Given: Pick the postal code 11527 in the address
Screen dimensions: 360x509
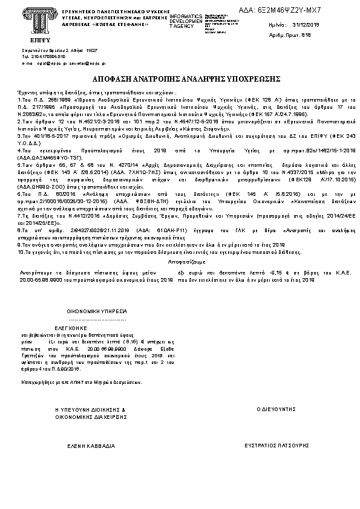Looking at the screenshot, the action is click(91, 50).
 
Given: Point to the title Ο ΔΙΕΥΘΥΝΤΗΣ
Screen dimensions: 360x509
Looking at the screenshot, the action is click(276, 409).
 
